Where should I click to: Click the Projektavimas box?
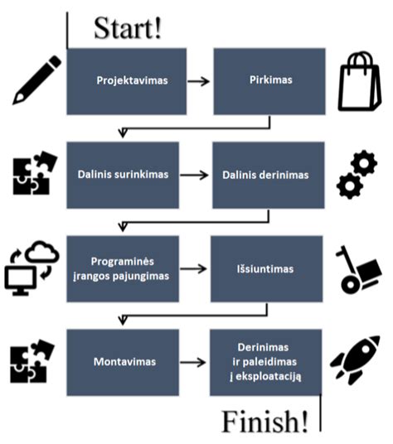(126, 80)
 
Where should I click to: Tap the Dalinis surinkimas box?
(122, 175)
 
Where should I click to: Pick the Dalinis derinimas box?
(265, 175)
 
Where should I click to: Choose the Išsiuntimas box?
(265, 268)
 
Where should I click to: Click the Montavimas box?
(122, 362)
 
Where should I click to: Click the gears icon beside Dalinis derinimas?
(357, 175)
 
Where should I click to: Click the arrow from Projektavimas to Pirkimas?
(199, 81)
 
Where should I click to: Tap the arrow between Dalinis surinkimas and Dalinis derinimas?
(194, 175)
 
